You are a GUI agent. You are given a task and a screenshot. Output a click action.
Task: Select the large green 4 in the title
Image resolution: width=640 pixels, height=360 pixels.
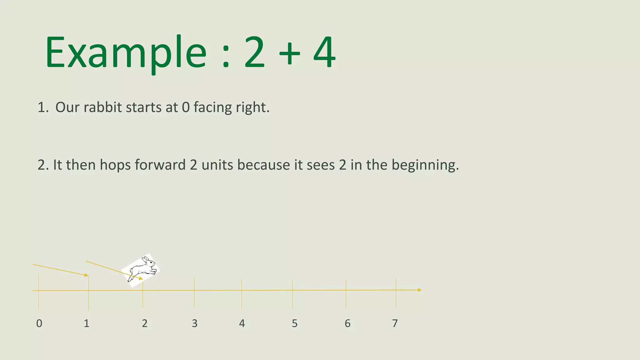[x=324, y=52]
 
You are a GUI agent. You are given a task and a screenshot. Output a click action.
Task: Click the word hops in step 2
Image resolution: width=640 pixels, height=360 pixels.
[x=115, y=165]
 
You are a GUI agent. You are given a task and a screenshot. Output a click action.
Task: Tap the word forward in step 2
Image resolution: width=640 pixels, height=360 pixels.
[x=160, y=165]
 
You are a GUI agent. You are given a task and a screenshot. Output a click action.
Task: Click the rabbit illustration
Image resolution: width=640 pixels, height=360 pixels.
[x=141, y=270]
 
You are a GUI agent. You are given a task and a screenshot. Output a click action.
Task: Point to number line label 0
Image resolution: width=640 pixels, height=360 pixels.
[x=39, y=323]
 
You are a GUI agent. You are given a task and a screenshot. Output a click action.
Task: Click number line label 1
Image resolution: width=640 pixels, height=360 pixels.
[x=87, y=323]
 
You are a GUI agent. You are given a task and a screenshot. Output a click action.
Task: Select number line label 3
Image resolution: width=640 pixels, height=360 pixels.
[x=195, y=323]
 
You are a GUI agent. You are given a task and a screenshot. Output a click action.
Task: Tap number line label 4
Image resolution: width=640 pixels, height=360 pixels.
[x=242, y=323]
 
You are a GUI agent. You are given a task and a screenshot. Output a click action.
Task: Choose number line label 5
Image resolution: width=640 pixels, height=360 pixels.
[x=295, y=323]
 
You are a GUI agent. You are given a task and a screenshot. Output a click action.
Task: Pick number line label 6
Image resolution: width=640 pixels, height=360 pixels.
[x=347, y=323]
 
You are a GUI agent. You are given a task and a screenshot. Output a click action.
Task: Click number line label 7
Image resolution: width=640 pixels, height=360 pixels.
[x=395, y=323]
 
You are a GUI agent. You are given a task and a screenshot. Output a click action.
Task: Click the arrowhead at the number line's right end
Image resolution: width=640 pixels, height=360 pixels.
[x=419, y=290]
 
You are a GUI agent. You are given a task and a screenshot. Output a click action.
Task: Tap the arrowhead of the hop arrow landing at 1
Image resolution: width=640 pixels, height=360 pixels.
[x=87, y=275]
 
